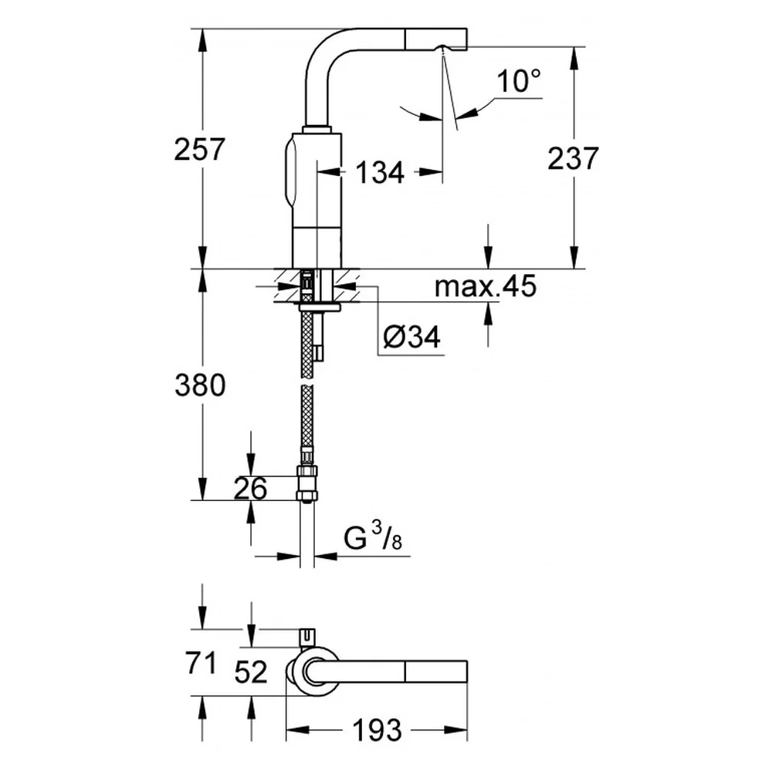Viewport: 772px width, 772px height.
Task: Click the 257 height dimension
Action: [199, 149]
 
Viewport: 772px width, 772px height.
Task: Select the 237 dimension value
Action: [573, 158]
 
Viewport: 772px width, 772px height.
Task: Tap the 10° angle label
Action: [519, 81]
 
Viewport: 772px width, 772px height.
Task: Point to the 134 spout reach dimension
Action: [380, 172]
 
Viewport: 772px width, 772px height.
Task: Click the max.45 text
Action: [485, 286]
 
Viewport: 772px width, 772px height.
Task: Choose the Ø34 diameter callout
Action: [411, 337]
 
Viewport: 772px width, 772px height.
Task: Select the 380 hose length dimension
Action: [200, 385]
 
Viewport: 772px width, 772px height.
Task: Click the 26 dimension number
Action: [250, 489]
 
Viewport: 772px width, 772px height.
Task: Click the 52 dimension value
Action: [251, 672]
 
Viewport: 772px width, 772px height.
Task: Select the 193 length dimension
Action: [378, 730]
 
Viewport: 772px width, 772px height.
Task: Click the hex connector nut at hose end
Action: [306, 485]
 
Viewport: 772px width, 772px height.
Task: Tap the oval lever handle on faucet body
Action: [290, 172]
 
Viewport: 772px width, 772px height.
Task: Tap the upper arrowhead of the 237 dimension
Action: [573, 59]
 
